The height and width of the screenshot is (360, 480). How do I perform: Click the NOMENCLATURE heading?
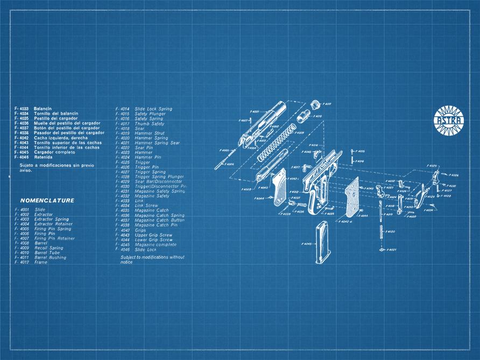tap(47, 201)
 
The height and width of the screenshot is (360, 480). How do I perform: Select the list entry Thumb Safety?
tap(150, 124)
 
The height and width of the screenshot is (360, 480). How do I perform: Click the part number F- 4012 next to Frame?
tap(22, 262)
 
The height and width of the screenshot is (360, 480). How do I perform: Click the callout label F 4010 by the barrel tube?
tap(317, 116)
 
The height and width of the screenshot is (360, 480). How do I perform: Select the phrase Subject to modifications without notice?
tap(152, 259)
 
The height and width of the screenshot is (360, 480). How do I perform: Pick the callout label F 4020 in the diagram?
tap(390, 231)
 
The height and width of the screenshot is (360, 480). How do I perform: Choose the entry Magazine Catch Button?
tap(159, 220)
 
